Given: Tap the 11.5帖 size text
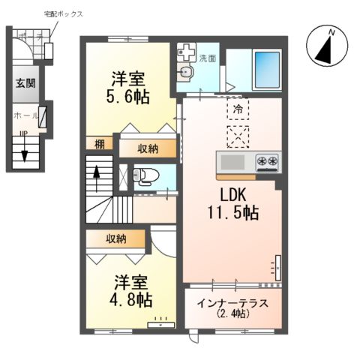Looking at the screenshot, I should (233, 212).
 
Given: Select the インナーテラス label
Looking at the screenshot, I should (234, 304).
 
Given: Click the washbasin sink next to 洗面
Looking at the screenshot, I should (185, 71).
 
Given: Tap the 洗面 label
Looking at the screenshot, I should (207, 57).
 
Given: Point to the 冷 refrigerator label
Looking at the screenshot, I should (237, 108).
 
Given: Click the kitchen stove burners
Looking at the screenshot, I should (268, 160).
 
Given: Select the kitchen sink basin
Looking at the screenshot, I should (232, 161).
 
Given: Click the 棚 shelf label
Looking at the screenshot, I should (100, 144).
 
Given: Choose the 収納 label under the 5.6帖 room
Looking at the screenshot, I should (148, 148).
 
